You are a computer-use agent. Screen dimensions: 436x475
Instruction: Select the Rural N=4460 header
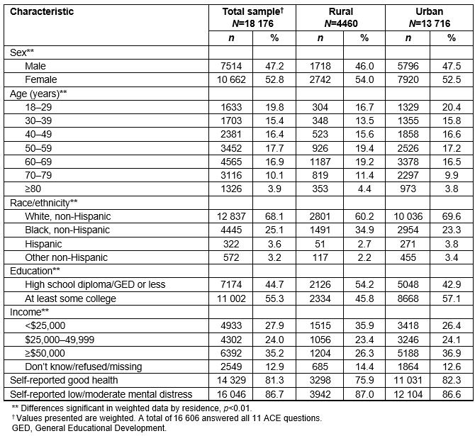coord(340,17)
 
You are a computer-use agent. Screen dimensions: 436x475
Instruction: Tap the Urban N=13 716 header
coord(430,17)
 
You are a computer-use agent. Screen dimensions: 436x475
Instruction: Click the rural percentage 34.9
coord(364,230)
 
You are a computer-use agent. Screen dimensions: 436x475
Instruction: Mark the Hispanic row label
coord(44,243)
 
